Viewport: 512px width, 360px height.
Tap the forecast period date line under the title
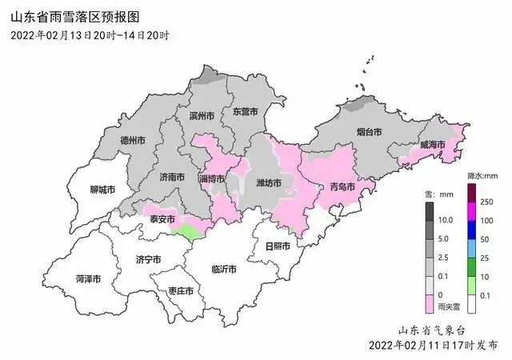pos(90,35)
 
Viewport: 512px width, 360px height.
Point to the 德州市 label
pos(132,140)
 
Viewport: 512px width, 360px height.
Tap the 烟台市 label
pos(369,130)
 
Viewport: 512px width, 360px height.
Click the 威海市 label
pos(432,144)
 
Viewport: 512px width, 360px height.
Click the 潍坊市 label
pos(268,183)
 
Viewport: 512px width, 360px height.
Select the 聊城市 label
pos(102,190)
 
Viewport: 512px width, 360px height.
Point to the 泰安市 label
pos(162,218)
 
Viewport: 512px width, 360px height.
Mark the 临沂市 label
pos(223,270)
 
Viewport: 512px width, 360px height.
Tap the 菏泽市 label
pos(88,279)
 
